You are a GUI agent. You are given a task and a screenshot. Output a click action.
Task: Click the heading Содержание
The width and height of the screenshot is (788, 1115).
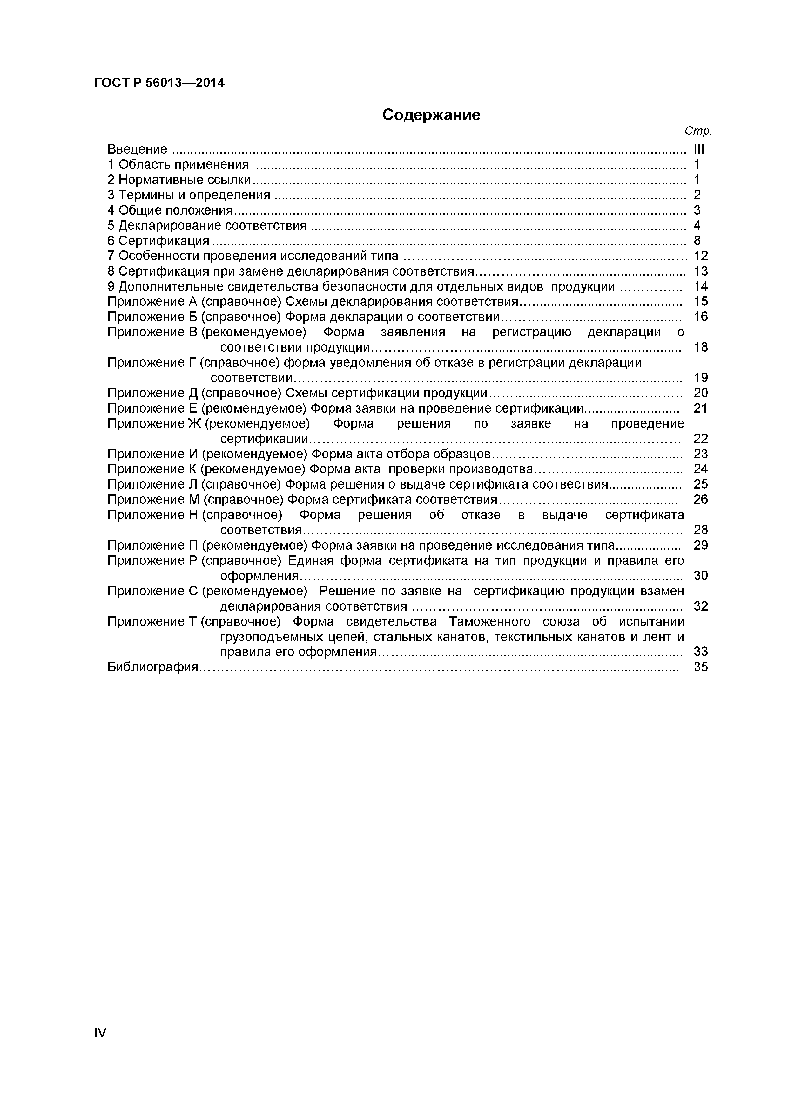[x=431, y=115]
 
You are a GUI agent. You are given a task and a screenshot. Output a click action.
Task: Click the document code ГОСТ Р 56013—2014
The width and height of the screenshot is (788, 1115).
[x=159, y=83]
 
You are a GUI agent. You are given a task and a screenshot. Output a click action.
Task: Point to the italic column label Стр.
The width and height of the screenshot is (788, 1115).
[x=698, y=131]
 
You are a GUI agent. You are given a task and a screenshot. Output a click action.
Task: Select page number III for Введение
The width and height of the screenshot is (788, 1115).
[x=699, y=149]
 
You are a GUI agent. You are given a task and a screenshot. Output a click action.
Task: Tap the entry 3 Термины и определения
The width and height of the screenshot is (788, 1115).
[x=189, y=195]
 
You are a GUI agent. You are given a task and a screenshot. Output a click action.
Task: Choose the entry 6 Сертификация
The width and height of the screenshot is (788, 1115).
[x=158, y=241]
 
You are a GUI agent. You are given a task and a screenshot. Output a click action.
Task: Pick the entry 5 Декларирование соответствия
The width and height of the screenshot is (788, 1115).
[x=207, y=226]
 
